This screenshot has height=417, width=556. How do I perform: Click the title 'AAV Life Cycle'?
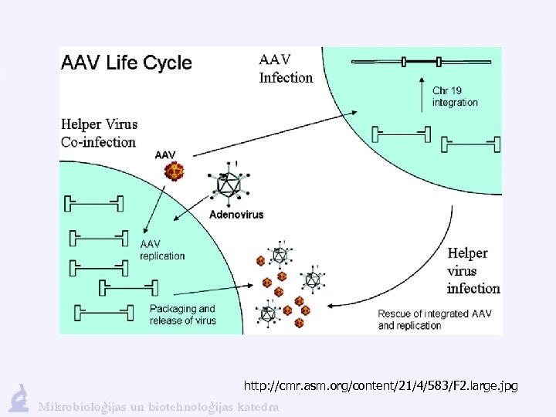pos(126,63)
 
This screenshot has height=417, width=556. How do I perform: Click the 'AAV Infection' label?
pos(286,68)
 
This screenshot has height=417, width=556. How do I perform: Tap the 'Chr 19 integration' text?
pos(455,97)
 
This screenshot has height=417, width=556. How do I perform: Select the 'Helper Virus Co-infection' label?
pos(99,133)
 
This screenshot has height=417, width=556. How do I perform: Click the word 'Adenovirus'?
pos(236,214)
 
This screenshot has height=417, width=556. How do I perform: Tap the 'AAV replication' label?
pos(162,249)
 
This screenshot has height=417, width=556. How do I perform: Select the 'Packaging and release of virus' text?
pos(183,315)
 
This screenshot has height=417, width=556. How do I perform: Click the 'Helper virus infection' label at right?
pos(473,271)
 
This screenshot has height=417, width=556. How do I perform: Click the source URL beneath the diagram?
pos(380,385)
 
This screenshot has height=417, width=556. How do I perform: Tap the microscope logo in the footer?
pos(19,398)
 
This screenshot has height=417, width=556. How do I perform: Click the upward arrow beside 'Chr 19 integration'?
pos(422,93)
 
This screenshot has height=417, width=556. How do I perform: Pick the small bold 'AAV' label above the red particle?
pos(165,154)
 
